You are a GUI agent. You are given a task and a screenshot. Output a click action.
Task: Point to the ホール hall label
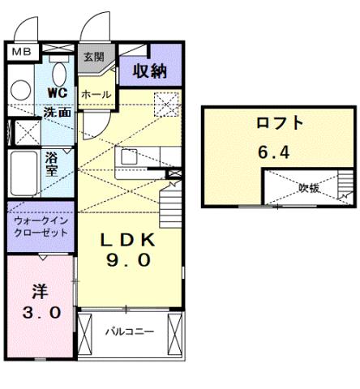(x=96, y=94)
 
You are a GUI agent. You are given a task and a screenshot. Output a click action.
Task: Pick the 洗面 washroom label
(x=57, y=112)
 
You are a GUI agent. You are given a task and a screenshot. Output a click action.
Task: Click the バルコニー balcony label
(x=128, y=332)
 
